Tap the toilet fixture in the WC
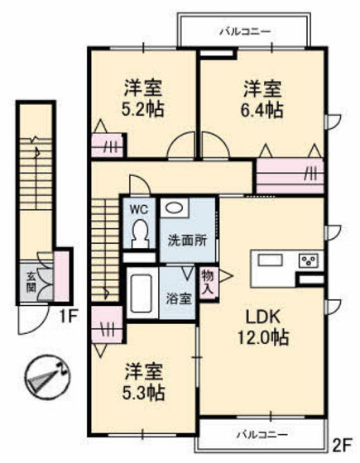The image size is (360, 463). click(x=138, y=232)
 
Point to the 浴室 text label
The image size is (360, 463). click(x=182, y=298)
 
